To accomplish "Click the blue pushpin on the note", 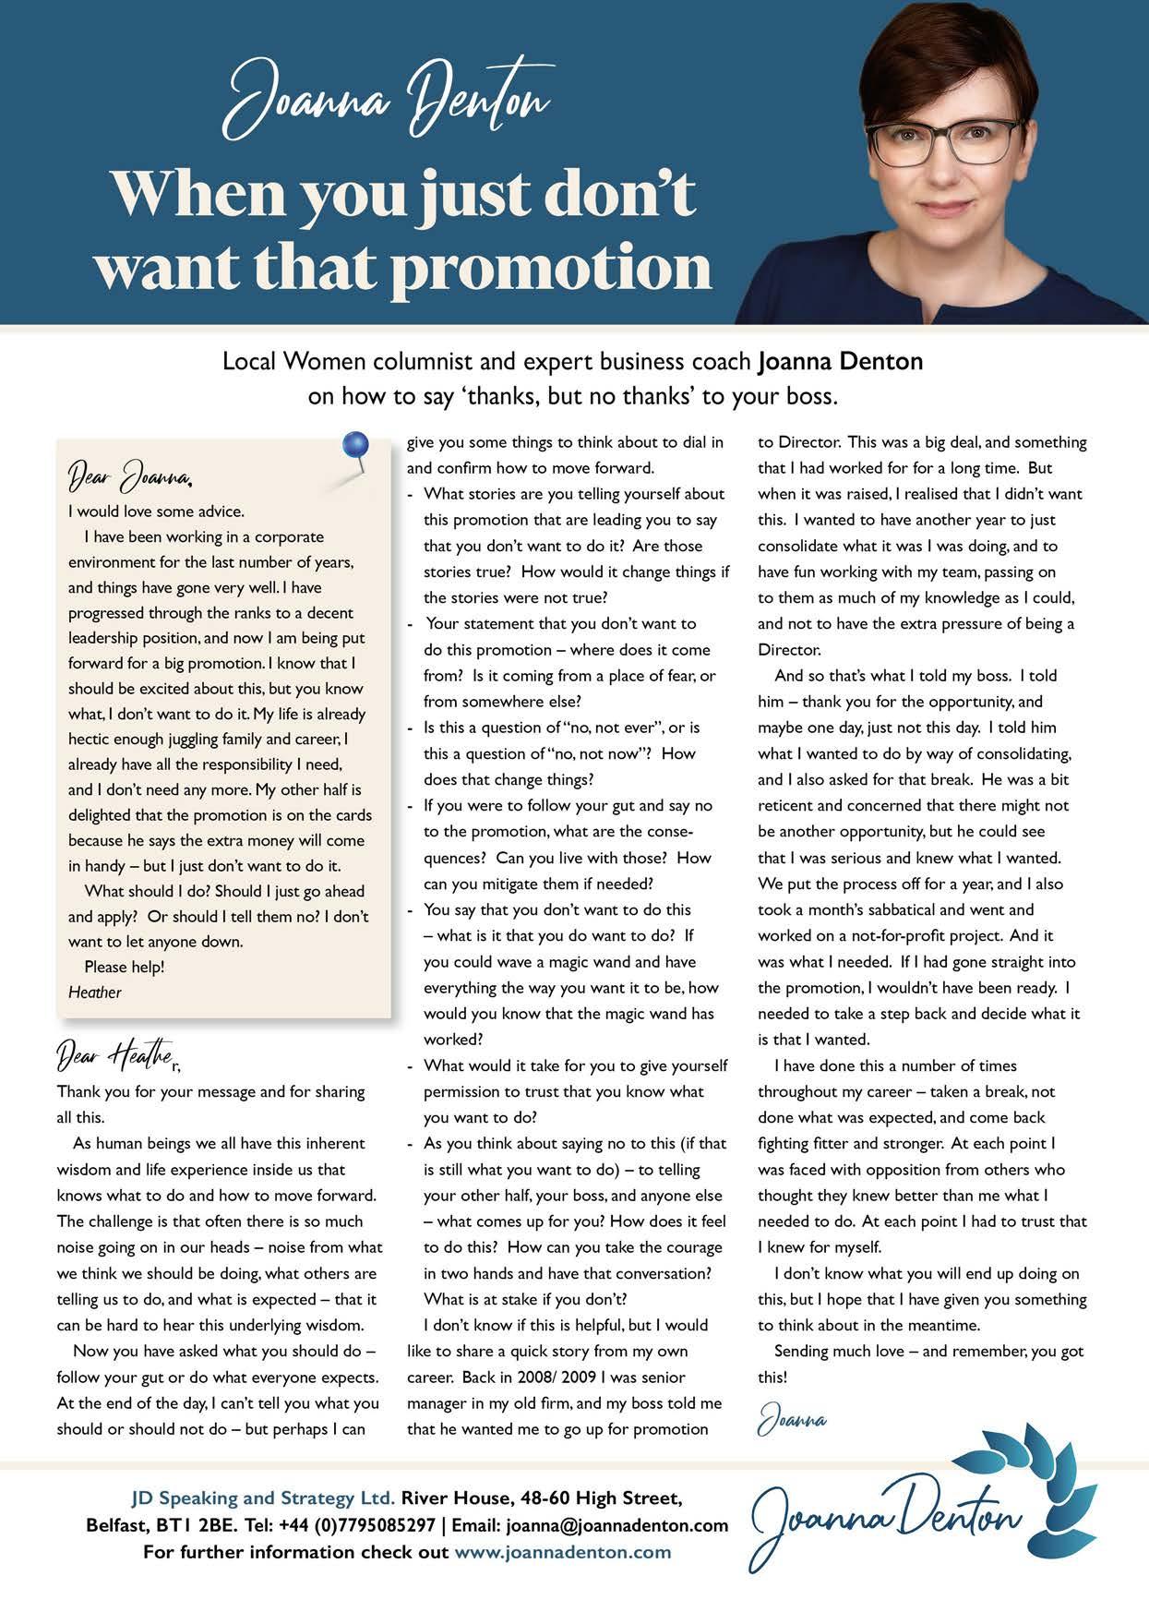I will click(x=354, y=446).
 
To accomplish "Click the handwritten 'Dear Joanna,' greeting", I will click(x=130, y=477).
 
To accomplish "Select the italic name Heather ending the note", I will click(x=95, y=992).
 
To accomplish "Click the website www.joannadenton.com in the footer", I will click(x=562, y=1552).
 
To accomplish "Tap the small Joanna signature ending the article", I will click(x=792, y=1420).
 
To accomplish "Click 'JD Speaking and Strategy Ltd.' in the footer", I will click(x=263, y=1498).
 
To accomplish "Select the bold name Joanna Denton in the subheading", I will click(x=840, y=361).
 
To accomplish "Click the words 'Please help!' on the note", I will click(x=124, y=967).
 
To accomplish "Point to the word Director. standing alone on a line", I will click(x=789, y=650).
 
